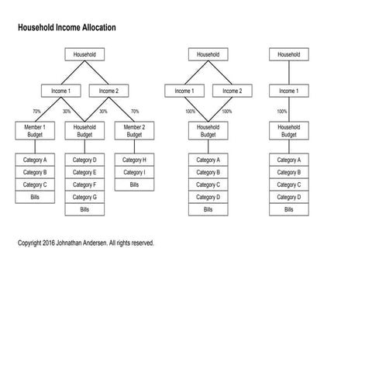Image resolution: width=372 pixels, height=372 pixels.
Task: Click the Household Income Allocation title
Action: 67,27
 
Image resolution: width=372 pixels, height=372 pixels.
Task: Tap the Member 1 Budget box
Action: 34,130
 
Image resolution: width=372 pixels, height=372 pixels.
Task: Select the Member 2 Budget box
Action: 134,130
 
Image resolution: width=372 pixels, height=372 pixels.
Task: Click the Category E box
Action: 84,172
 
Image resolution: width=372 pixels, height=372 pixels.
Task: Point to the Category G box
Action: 84,197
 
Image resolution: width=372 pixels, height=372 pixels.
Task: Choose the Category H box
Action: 134,160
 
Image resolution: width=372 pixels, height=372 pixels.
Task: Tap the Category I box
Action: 134,172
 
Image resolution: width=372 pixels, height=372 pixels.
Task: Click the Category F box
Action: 84,184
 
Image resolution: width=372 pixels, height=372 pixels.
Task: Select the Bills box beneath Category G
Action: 84,209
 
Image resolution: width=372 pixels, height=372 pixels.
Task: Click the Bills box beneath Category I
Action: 134,184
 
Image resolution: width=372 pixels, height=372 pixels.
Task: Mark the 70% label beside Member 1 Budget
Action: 36,111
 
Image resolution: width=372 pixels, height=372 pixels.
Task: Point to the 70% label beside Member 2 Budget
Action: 135,111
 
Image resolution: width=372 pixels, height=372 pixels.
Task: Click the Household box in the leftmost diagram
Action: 84,55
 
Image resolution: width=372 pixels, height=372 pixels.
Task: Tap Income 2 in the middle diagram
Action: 232,91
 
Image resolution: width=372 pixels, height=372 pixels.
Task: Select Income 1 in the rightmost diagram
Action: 288,91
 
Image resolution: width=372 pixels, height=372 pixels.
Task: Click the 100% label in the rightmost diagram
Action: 282,111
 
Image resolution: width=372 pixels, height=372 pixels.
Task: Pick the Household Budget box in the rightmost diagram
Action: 288,130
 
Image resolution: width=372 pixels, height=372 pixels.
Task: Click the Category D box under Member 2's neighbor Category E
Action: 84,160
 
